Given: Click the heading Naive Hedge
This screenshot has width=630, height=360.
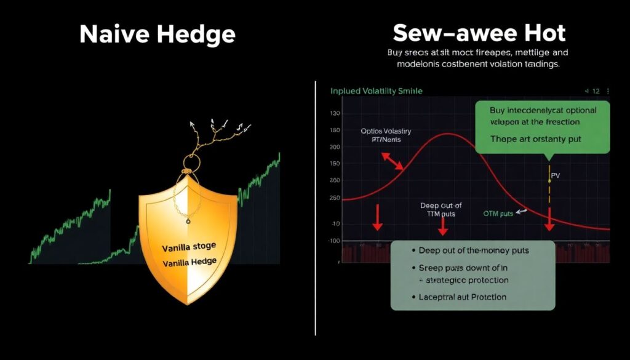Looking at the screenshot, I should tap(157, 34).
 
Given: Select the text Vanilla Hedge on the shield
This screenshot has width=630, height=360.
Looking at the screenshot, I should tap(189, 262).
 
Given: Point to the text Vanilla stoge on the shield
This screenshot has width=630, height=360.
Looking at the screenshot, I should tap(189, 247).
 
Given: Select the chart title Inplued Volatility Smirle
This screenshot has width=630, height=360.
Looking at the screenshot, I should tap(377, 91).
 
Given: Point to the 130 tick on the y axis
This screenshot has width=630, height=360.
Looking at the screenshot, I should tap(335, 114).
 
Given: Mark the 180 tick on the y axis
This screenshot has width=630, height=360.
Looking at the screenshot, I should tap(335, 130).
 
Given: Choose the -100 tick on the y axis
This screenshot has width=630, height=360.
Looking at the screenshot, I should tap(335, 241).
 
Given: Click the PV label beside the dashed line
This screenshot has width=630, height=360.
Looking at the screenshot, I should tap(555, 175).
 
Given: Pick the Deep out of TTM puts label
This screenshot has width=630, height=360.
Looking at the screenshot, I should tap(441, 210).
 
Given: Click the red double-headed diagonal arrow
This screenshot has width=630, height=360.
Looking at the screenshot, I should tap(393, 161).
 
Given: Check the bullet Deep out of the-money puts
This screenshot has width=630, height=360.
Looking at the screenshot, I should tap(473, 250).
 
